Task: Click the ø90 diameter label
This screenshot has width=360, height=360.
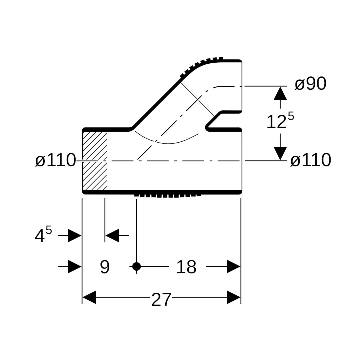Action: [x=310, y=84]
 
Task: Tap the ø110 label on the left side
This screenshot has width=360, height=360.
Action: [x=56, y=161]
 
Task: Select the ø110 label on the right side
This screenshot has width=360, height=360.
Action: [x=310, y=161]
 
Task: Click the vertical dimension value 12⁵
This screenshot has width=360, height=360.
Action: [x=280, y=121]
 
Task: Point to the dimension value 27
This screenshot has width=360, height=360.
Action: [x=161, y=300]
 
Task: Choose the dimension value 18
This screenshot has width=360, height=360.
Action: [x=186, y=267]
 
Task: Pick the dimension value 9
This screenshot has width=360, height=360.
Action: [x=105, y=267]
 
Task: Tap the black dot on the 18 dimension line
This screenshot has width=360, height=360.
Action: [x=136, y=266]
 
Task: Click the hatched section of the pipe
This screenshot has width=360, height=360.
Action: [x=95, y=161]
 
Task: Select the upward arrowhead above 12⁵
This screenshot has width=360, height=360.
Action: [x=280, y=93]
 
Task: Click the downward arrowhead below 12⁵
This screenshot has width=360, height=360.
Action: [x=280, y=153]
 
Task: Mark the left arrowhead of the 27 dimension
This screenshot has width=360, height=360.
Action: [x=89, y=297]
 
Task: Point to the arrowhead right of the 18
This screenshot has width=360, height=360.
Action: [x=233, y=266]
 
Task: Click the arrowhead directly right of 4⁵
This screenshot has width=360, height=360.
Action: [x=75, y=236]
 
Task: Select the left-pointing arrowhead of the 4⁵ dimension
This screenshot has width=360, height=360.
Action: [x=112, y=236]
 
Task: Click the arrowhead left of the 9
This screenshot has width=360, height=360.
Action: [x=75, y=266]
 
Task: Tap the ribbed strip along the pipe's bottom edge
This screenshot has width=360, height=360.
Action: [x=168, y=195]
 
